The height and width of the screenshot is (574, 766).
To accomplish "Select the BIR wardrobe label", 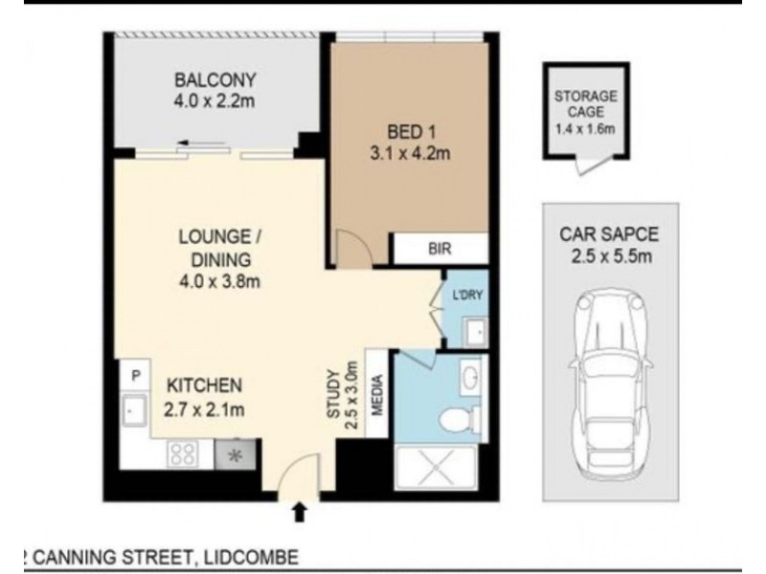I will tap(440, 251).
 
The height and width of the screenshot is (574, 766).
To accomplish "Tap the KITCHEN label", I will tap(204, 386).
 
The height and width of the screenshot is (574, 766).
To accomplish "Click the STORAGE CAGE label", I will tap(585, 104).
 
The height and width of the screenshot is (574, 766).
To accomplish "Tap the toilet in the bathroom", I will tap(460, 419).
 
